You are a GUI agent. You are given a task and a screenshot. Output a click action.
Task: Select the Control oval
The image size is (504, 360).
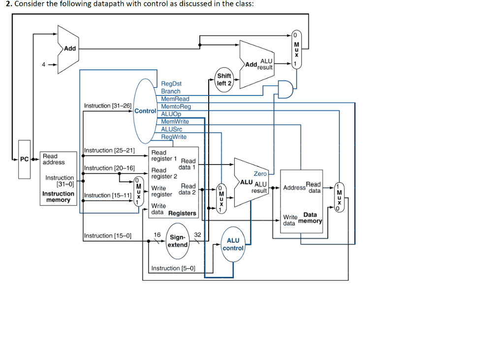click(x=146, y=111)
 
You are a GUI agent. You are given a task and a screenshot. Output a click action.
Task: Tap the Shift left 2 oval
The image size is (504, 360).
click(x=224, y=79)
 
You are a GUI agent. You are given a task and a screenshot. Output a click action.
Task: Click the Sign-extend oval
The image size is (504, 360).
click(x=178, y=241)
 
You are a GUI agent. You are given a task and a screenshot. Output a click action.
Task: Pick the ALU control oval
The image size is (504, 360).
click(x=233, y=244)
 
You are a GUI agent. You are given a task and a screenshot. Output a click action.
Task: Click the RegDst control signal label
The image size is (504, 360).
click(x=171, y=84)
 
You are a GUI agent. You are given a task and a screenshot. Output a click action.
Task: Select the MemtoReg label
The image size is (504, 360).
click(x=176, y=106)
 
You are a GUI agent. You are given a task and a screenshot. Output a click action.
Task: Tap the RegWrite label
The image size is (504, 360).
click(x=174, y=137)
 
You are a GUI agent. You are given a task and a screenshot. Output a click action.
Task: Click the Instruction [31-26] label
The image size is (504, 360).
click(x=107, y=106)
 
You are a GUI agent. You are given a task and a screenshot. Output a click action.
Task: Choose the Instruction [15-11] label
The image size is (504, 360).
click(x=107, y=196)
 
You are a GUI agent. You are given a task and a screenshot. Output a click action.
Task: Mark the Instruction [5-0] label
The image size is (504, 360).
click(x=173, y=268)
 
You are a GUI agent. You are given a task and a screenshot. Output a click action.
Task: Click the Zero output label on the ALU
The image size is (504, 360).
click(x=260, y=174)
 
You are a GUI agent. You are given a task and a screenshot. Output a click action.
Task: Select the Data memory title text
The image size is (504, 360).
click(x=311, y=218)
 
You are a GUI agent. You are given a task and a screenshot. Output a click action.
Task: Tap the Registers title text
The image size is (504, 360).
click(x=182, y=213)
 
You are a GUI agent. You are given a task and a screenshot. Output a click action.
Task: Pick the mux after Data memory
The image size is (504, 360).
click(x=339, y=196)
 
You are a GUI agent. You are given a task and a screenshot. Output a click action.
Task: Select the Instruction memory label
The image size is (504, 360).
click(x=58, y=196)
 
